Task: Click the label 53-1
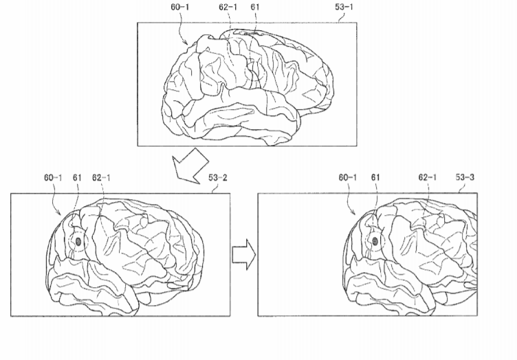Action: pos(344,7)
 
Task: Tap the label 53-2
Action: pos(218,178)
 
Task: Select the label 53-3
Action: pos(465,177)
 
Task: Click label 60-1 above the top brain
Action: pos(180,7)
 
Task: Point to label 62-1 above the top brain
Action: pos(228,7)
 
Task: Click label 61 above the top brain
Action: pos(255,7)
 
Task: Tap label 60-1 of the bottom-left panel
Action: pos(53,178)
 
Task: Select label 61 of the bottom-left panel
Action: pos(77,178)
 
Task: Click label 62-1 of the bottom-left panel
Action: pos(101,178)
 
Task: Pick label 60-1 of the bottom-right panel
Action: pos(347,177)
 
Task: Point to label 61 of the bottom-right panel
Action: pos(375,177)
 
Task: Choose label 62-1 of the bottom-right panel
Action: pos(428,177)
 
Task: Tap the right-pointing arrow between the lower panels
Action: pos(244,255)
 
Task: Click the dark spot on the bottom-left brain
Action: pos(78,242)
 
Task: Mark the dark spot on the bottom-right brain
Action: pos(375,241)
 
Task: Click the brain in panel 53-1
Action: pos(247,87)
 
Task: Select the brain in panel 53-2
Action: pos(124,257)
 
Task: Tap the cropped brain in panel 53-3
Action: pos(410,257)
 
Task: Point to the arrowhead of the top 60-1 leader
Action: pos(188,44)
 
